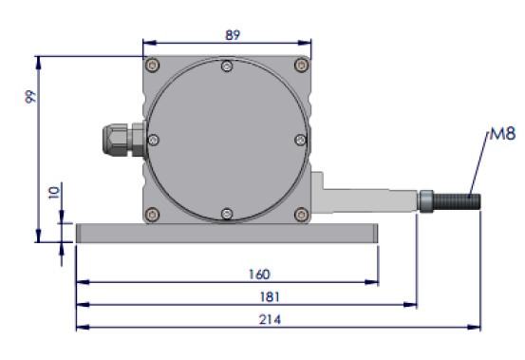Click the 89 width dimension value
tap(233, 35)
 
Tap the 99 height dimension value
tap(30, 97)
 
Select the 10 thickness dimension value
tap(54, 193)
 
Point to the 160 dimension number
tap(259, 275)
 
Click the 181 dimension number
tap(270, 296)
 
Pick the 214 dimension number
tap(270, 319)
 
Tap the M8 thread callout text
tap(502, 134)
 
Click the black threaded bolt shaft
tap(457, 201)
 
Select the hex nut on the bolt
tap(426, 201)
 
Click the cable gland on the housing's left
tap(123, 140)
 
